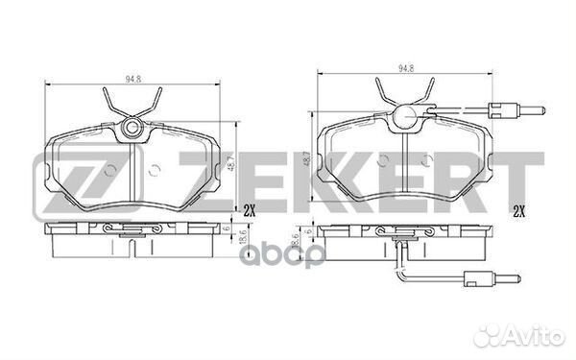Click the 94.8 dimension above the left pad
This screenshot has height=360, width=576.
coord(133,79)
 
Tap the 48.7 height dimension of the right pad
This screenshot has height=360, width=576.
coord(307,159)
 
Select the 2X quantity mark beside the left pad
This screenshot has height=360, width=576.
coord(249,211)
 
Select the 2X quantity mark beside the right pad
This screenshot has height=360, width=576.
coord(518,211)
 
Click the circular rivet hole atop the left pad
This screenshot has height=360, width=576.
coord(132,128)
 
